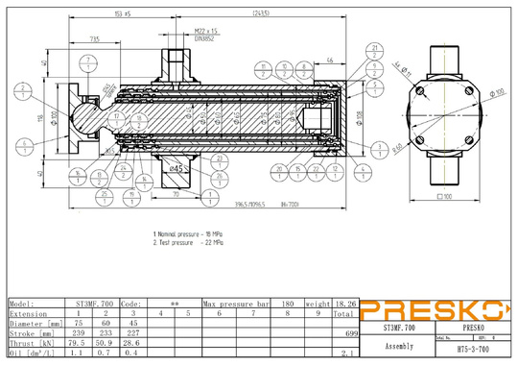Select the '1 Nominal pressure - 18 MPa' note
[x=195, y=234]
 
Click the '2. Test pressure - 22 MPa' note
[x=193, y=243]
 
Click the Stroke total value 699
[x=351, y=331]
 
